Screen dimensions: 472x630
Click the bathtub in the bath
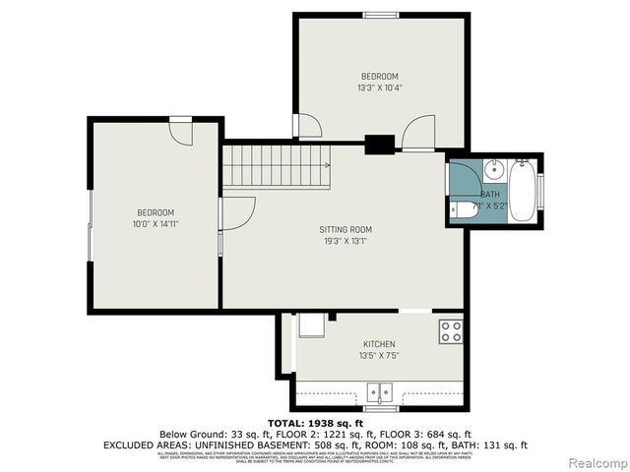pos(522,189)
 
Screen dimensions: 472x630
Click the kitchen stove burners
pos(452,331)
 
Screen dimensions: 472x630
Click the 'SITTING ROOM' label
pos(338,229)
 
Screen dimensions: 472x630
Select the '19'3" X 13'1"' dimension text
pos(338,240)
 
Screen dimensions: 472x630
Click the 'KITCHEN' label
pos(379,343)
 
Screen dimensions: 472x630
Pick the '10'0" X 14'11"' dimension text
pos(156,224)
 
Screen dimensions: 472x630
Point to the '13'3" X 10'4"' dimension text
pos(379,88)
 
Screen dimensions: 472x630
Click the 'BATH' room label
pos(490,195)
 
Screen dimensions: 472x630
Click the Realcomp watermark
pos(595,462)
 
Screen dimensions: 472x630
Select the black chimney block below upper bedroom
pos(379,145)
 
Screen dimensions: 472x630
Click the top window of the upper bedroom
pos(379,14)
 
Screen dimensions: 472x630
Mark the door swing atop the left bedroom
pos(180,130)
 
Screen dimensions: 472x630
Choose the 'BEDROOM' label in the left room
pos(156,213)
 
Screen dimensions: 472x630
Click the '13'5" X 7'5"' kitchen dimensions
pos(379,354)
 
